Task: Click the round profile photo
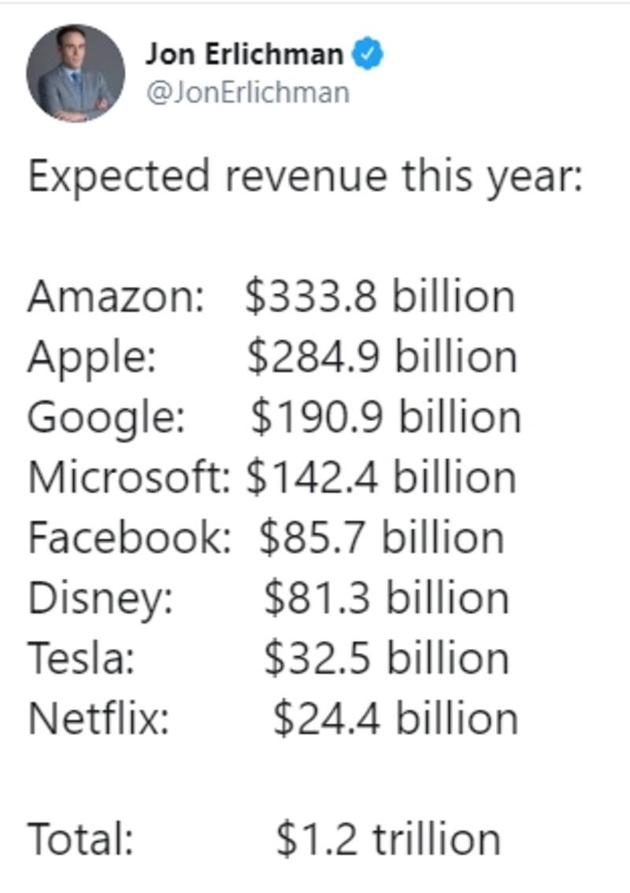[76, 73]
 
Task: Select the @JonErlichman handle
[247, 92]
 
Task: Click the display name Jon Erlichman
[244, 54]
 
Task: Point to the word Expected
[119, 176]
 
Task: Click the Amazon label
[116, 297]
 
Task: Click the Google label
[106, 418]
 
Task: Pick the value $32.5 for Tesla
[319, 659]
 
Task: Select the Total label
[80, 839]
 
